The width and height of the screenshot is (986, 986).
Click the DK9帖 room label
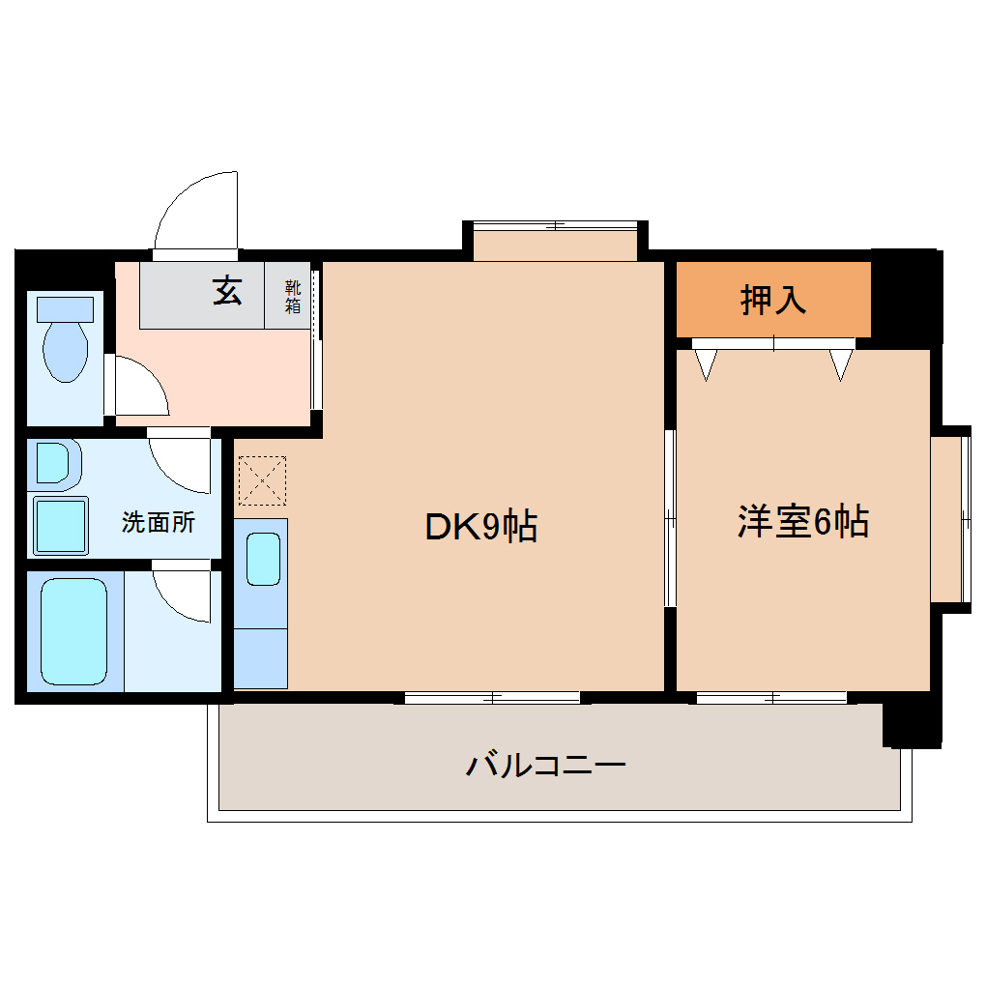pos(480,527)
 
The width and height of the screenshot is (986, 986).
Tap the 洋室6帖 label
pos(802,522)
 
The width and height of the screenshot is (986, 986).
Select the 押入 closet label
pos(772,301)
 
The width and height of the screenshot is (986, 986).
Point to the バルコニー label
pos(546,767)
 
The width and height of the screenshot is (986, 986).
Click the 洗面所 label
pos(158,523)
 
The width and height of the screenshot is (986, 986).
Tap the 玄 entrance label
pos(227,290)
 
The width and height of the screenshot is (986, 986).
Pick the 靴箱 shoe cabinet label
pos(292,297)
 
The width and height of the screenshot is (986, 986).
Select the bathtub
pos(73,632)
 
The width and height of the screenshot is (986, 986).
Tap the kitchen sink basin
pos(262,559)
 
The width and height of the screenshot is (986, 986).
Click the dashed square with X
pos(262,480)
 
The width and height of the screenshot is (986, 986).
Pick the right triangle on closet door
pos(842,363)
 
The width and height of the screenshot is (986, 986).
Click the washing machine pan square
pos(60,526)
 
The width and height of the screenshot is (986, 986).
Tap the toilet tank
pos(65,309)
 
